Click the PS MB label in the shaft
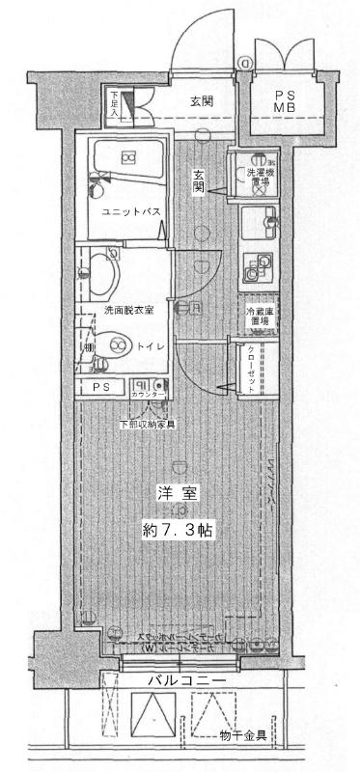(x=286, y=100)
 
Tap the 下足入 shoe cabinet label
(x=114, y=103)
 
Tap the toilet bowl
(x=118, y=345)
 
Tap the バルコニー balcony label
(x=186, y=682)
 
